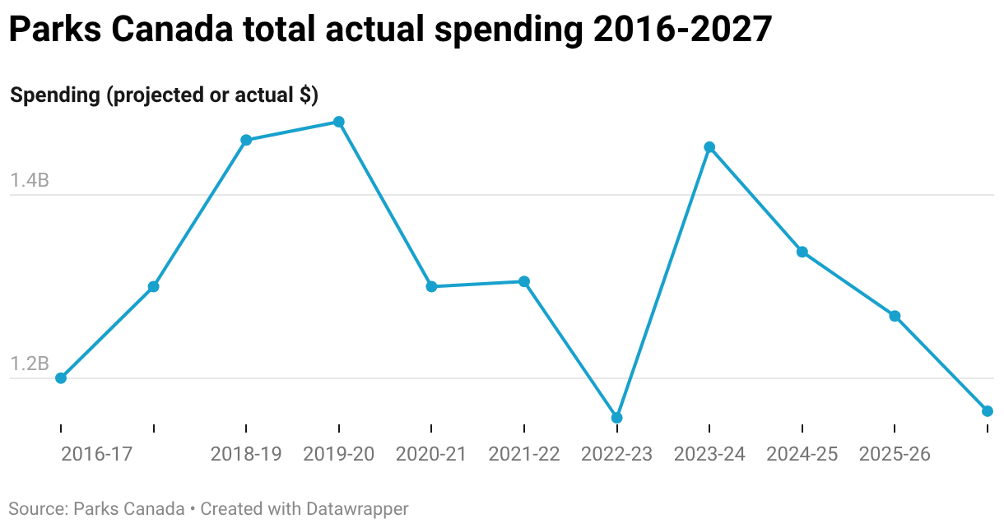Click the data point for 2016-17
[x=61, y=378]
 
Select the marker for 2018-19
[x=246, y=140]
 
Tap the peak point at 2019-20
[x=339, y=122]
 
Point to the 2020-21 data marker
[x=431, y=286]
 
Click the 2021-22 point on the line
[x=524, y=281]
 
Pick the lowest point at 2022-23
[x=617, y=418]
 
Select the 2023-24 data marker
[x=709, y=147]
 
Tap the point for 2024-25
[x=802, y=252]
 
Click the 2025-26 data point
[x=895, y=316]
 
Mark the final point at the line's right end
[x=988, y=411]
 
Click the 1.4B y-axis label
[x=30, y=180]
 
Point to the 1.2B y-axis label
[x=30, y=364]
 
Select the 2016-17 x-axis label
[x=96, y=454]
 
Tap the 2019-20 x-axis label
[x=339, y=454]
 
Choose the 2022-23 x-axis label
[x=617, y=454]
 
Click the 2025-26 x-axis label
[x=895, y=454]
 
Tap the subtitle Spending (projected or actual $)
[x=164, y=95]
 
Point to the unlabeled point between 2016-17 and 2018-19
[x=153, y=286]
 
